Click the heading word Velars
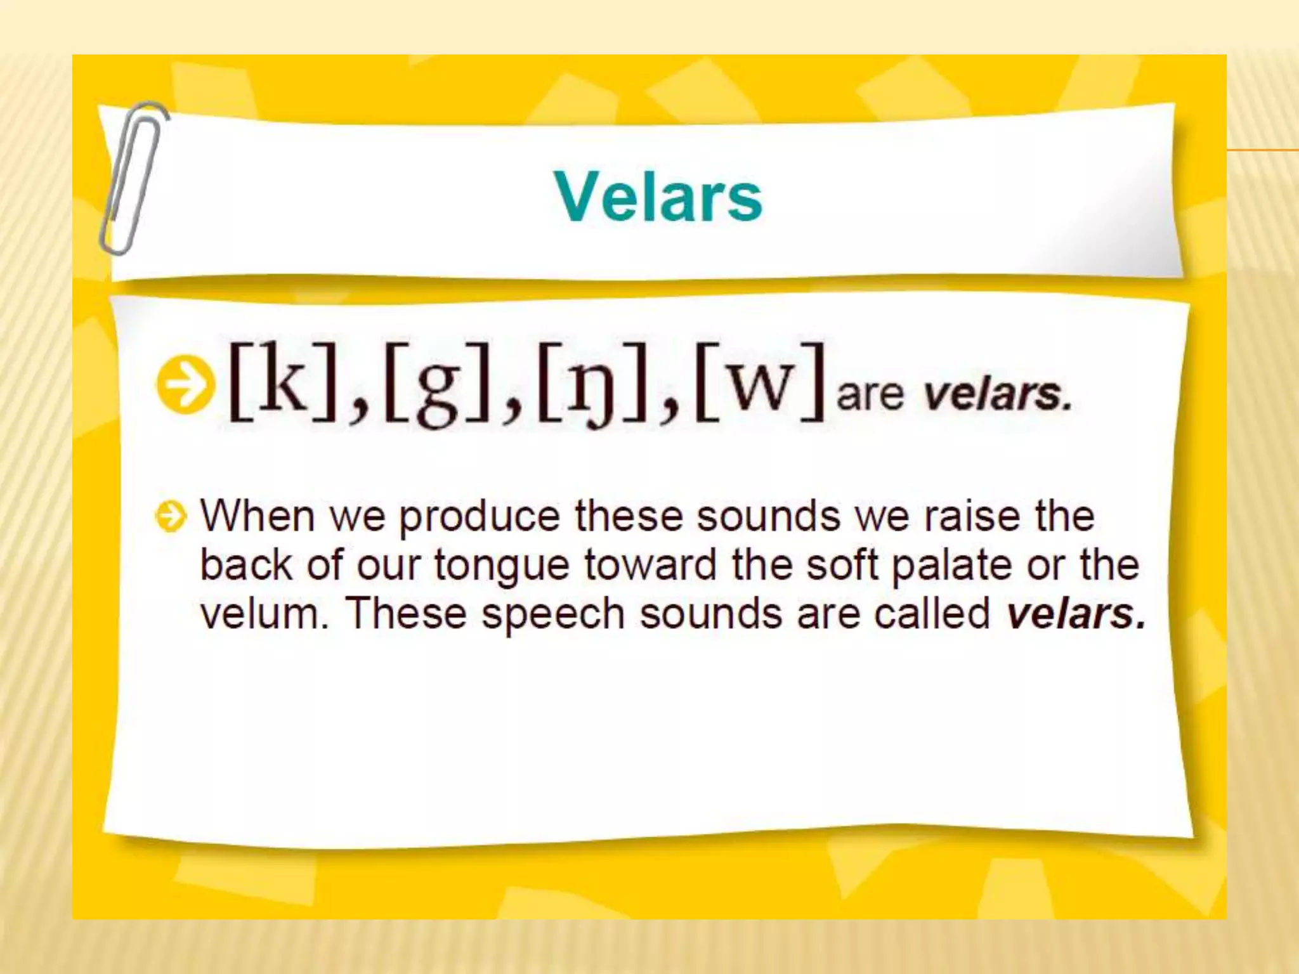click(658, 197)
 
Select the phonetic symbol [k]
click(282, 384)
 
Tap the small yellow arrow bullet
click(171, 517)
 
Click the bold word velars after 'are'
click(996, 394)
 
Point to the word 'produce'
click(479, 517)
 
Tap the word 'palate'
click(951, 566)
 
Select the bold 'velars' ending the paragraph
click(1076, 614)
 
